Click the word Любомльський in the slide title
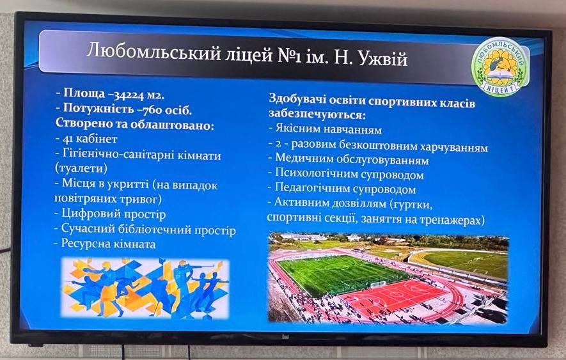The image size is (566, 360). coord(153,52)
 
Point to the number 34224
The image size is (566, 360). coord(129,95)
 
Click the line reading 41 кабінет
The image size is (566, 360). coord(86,138)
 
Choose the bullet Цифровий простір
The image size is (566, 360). coord(110,214)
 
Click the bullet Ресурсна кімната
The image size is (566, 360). coord(105,244)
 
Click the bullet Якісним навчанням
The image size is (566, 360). coord(325,129)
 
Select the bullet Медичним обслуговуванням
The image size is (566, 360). coord(349,159)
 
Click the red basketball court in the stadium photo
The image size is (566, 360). coord(394,296)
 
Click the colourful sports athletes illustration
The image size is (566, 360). coord(145,288)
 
